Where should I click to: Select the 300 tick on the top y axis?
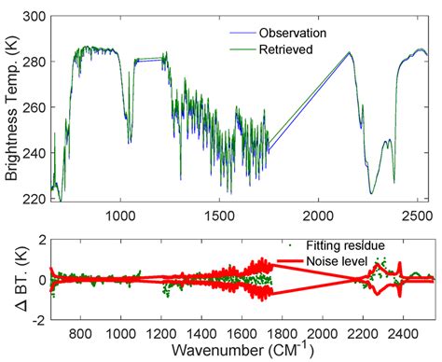point(36,17)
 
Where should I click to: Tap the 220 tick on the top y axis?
point(36,200)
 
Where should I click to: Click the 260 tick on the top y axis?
point(36,108)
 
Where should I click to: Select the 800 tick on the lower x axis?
point(81,331)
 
